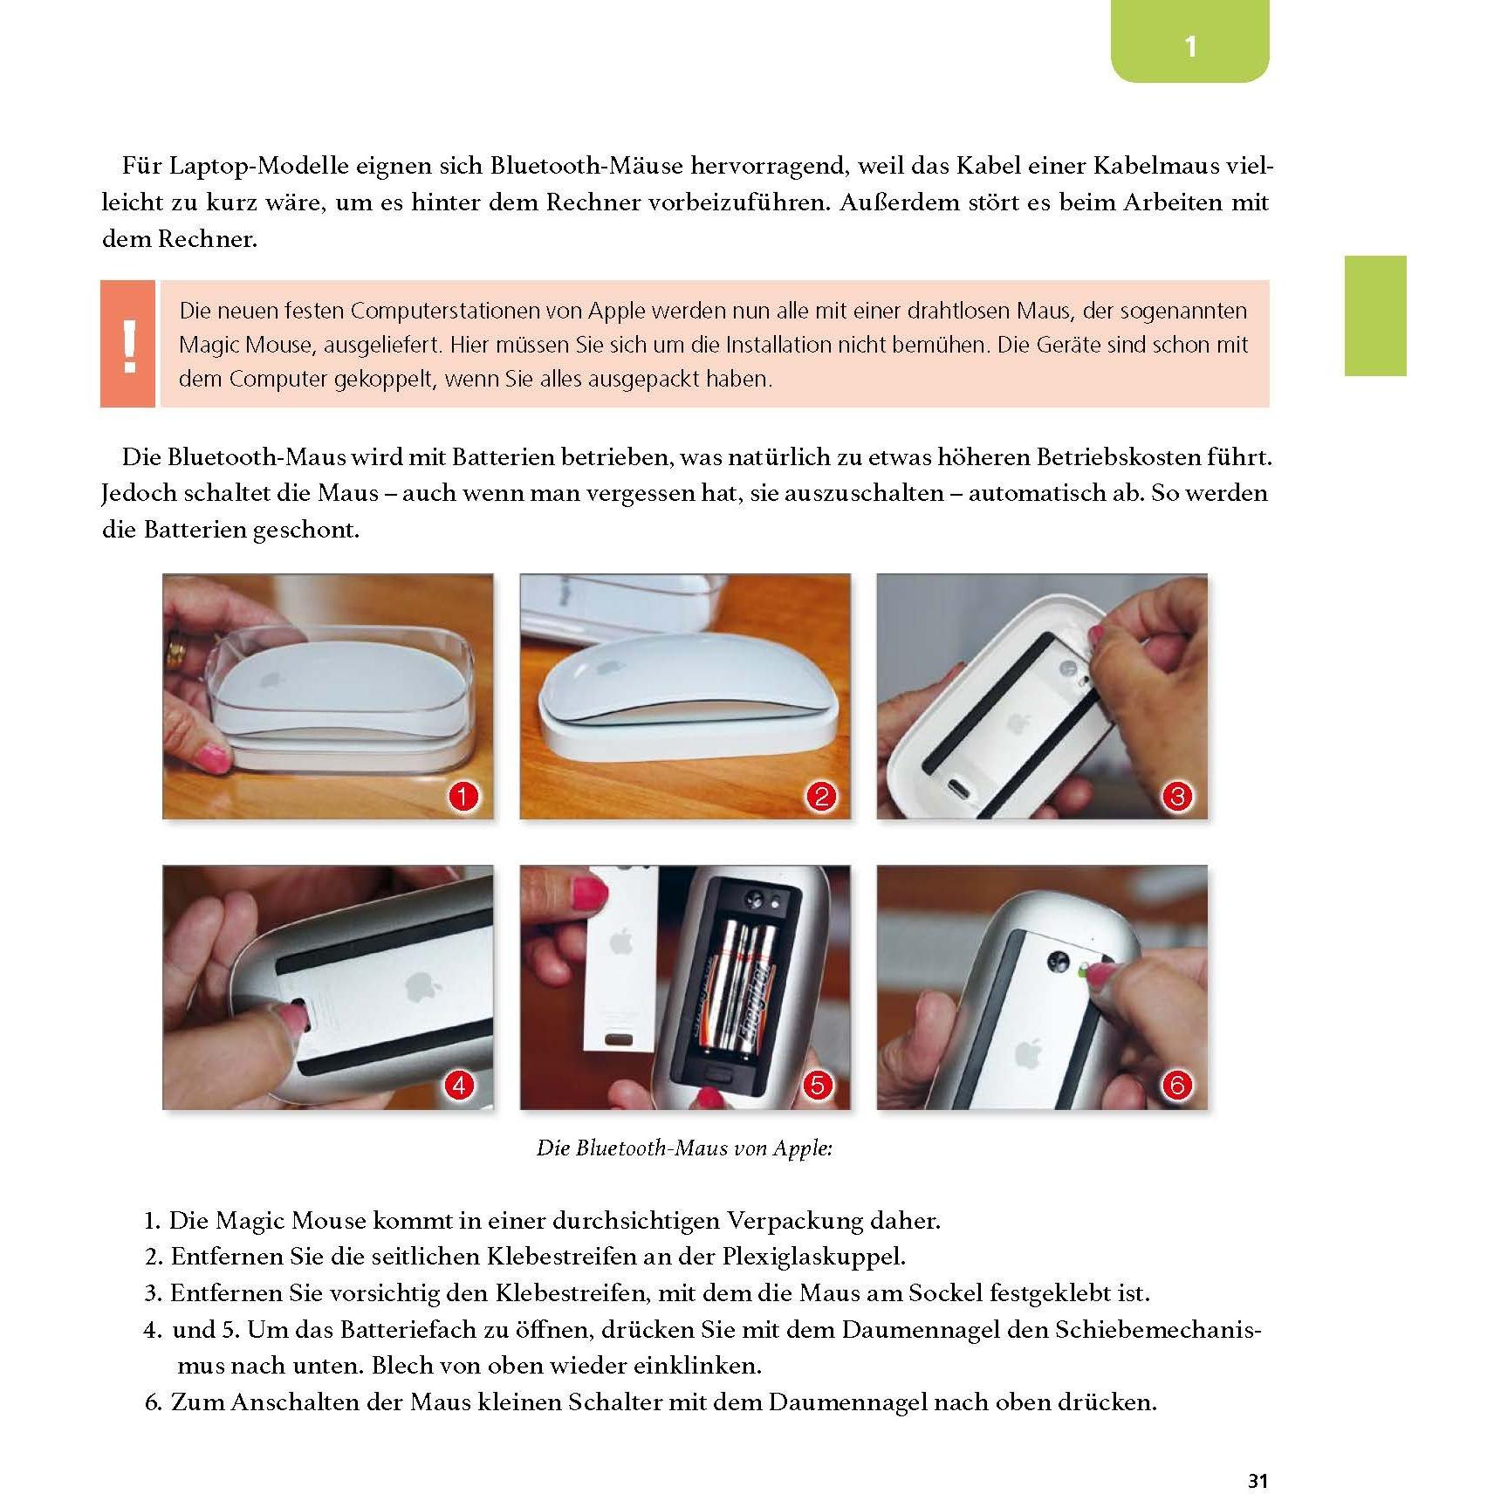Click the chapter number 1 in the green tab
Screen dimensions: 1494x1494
point(1190,45)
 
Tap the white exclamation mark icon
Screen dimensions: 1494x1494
point(129,346)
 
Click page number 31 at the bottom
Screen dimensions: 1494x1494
point(1258,1456)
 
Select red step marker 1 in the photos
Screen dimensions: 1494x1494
point(463,796)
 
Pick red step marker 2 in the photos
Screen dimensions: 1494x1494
point(820,796)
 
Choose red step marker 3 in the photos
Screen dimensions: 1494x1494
point(1177,796)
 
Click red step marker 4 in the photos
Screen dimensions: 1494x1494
point(459,1086)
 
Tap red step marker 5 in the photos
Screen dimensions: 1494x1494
point(817,1086)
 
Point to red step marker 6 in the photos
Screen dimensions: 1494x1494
point(1177,1086)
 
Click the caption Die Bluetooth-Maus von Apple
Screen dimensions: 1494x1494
point(684,1148)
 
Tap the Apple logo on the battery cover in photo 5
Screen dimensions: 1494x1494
point(620,942)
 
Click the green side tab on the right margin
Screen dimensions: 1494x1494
point(1374,316)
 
